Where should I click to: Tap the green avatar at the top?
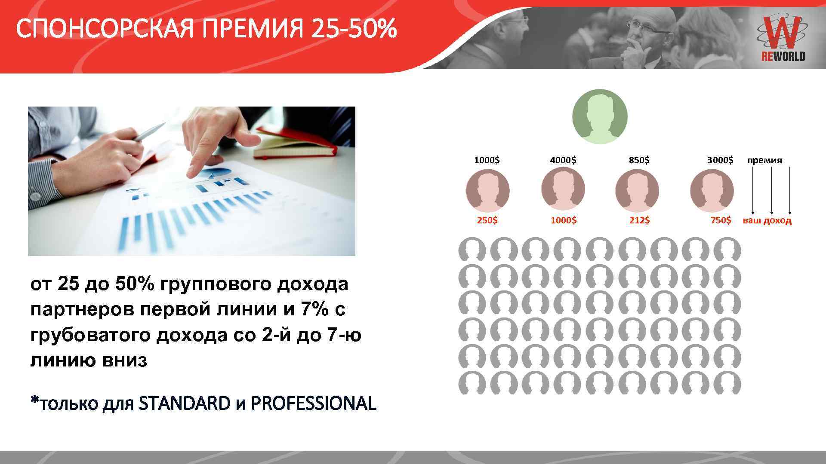click(x=600, y=116)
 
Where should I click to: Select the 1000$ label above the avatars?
click(x=487, y=160)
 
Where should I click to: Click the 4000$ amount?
click(x=563, y=160)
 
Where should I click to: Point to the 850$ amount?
click(x=639, y=160)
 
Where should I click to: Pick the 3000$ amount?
click(x=720, y=160)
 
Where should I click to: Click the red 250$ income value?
click(x=487, y=220)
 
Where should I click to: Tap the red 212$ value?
click(x=639, y=220)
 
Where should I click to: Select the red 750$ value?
click(x=721, y=220)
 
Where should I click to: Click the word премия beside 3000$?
click(x=764, y=161)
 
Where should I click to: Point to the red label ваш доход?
click(x=767, y=221)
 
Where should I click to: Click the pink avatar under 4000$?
click(x=563, y=190)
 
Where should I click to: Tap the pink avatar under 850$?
click(x=637, y=190)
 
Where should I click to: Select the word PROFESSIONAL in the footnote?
click(x=313, y=403)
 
